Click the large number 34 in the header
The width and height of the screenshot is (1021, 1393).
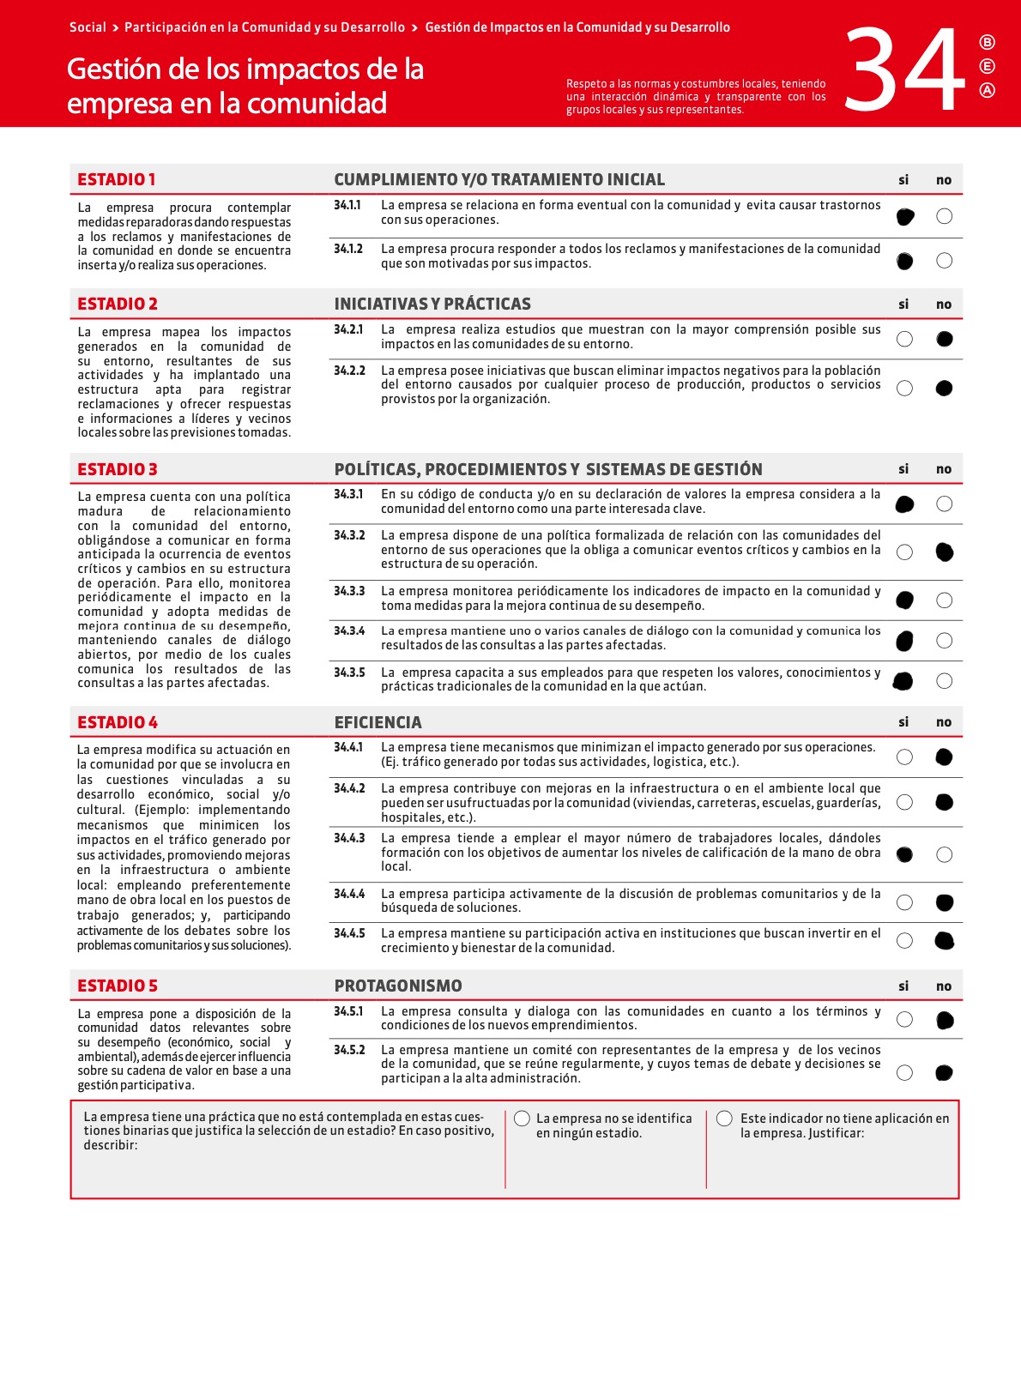point(905,70)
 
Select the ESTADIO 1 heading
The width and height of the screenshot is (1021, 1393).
point(117,179)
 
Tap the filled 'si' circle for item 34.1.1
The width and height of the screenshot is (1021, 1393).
point(904,217)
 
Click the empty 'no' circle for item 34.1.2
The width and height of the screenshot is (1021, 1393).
point(944,261)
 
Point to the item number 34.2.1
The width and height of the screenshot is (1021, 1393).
point(348,329)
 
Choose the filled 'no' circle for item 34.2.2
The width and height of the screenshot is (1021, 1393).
point(944,389)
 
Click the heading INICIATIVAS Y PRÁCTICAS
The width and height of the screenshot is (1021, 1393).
point(432,304)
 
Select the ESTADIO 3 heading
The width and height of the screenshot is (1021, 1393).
point(118,469)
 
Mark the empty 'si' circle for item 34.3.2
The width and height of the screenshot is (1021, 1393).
point(904,552)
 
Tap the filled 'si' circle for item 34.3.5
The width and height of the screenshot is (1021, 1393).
point(903,681)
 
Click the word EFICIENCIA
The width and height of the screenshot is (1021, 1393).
point(378,722)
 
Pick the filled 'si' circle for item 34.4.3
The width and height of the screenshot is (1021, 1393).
point(904,854)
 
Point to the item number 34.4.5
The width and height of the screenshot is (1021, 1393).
point(349,933)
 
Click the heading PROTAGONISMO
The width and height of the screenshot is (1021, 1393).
point(398,986)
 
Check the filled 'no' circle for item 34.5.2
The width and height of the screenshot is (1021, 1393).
point(944,1072)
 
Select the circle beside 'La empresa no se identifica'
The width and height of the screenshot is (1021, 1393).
point(522,1119)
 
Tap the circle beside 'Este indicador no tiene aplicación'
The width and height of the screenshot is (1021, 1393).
point(724,1119)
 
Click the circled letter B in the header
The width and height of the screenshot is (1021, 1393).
point(988,42)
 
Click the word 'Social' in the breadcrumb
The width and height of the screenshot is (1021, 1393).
point(88,27)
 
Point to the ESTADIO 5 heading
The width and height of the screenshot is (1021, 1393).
point(118,986)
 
